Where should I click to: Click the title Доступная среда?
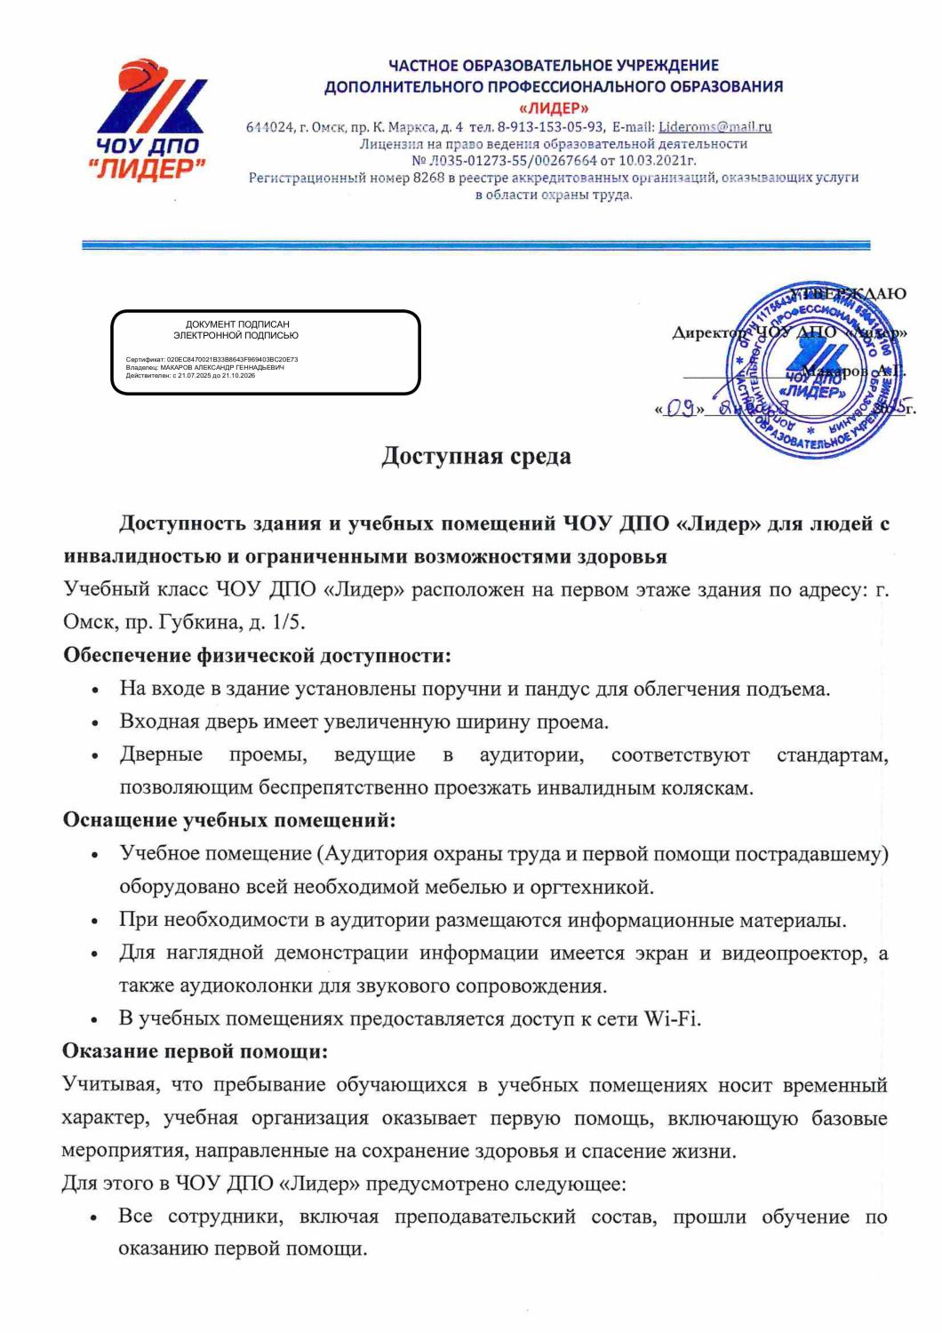coord(475,456)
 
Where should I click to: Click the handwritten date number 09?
coord(680,409)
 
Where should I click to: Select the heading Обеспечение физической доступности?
coord(257,656)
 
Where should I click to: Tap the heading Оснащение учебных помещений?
coord(228,819)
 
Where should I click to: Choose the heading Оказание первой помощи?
coord(195,1052)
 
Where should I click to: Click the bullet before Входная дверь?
coord(95,722)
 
